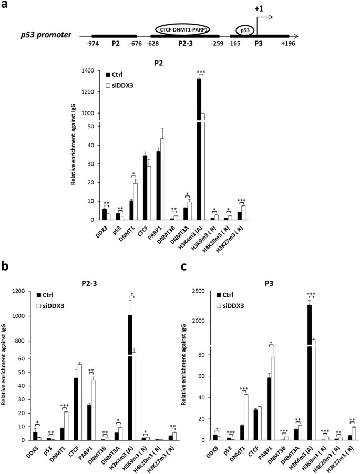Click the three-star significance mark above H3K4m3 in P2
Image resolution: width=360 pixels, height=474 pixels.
(x=201, y=73)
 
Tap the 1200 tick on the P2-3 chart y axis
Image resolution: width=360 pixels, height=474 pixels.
(x=23, y=291)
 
